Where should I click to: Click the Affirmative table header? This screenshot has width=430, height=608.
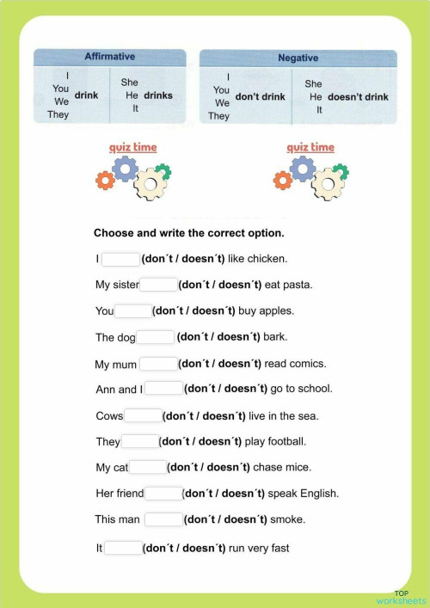tap(109, 57)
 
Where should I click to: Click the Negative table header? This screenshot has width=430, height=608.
tap(298, 58)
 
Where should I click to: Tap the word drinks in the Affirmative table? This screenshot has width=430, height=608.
tap(158, 95)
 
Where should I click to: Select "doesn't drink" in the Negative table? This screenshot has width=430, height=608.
tap(358, 96)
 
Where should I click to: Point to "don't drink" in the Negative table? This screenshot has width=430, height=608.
tap(260, 96)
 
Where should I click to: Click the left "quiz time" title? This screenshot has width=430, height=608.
tap(133, 147)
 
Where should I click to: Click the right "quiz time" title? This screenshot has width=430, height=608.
tap(310, 147)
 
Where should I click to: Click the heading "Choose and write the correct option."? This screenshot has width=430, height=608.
tap(188, 232)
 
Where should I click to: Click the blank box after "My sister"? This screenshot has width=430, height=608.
tap(158, 285)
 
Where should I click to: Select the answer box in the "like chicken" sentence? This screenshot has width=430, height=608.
tap(120, 259)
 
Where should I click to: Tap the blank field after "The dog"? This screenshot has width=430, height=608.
tap(156, 337)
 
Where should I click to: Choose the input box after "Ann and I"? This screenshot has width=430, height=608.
tap(163, 389)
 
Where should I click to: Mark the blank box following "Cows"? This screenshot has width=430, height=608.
tap(143, 416)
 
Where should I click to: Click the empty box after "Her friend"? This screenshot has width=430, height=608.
tap(163, 494)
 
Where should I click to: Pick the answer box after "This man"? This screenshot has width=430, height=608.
tap(163, 519)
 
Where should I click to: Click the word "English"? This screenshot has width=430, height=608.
tap(318, 494)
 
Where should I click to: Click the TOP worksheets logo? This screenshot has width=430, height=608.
tap(401, 596)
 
